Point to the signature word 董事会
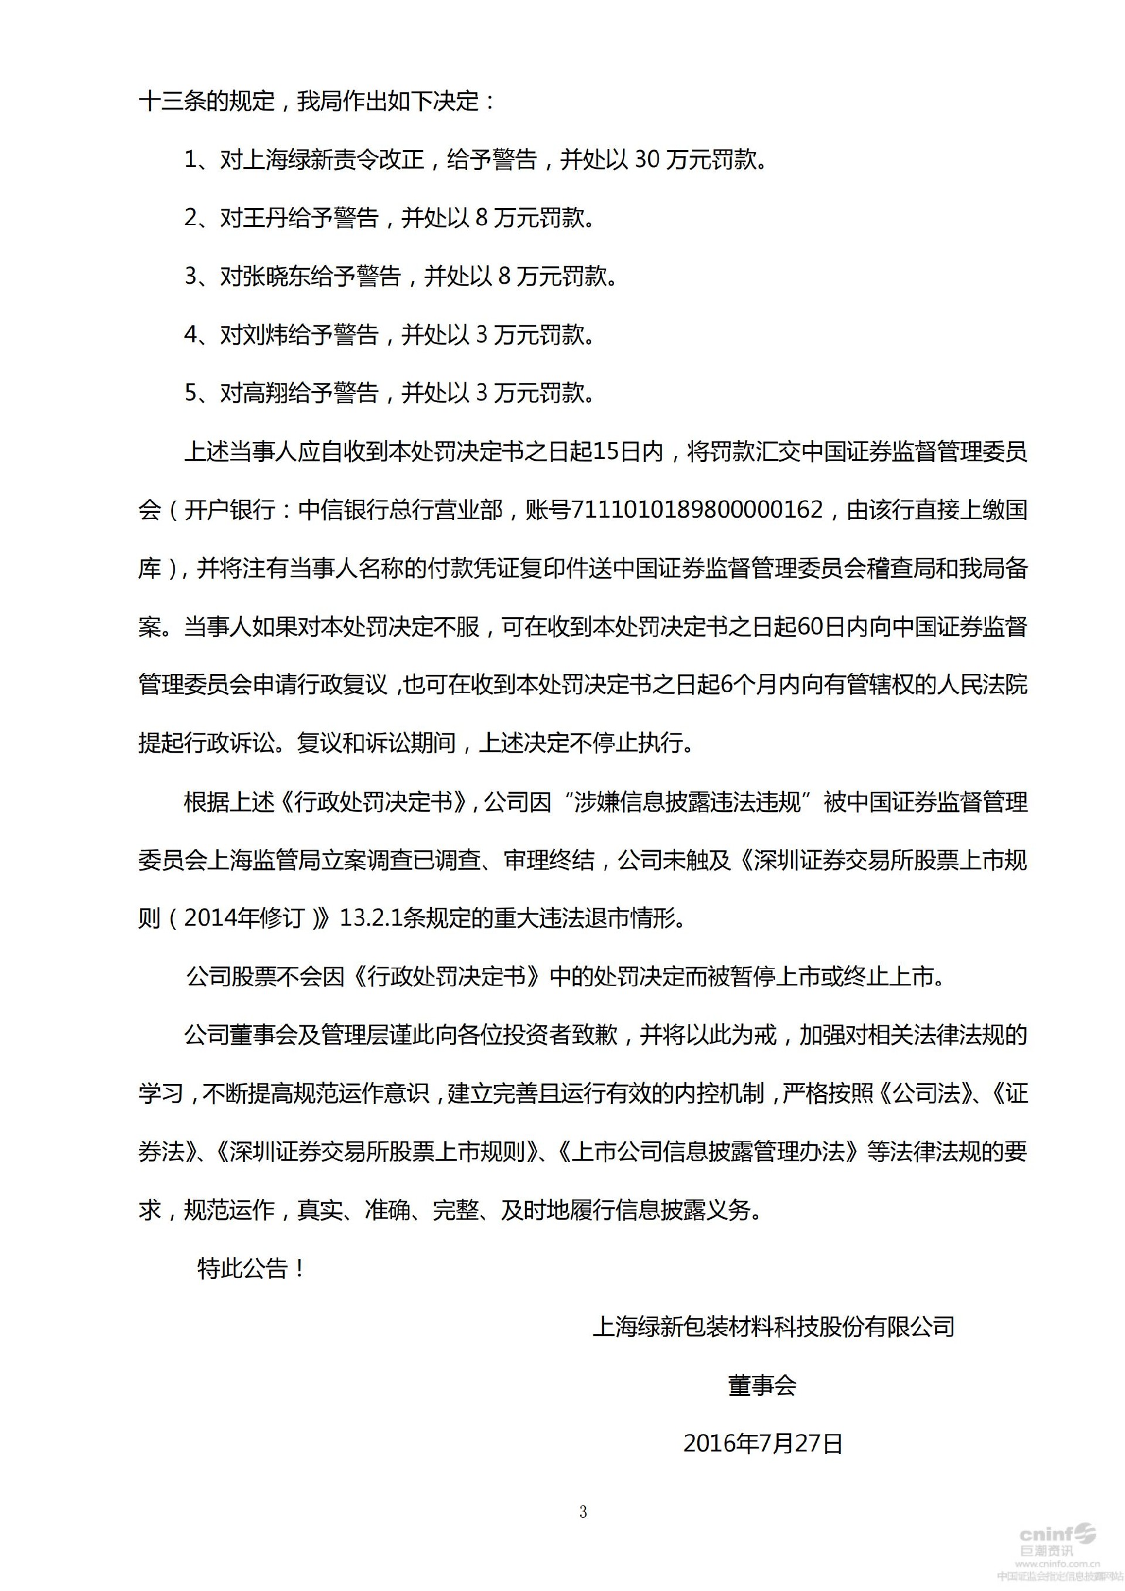click(x=762, y=1385)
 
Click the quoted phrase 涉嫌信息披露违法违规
click(x=688, y=802)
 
